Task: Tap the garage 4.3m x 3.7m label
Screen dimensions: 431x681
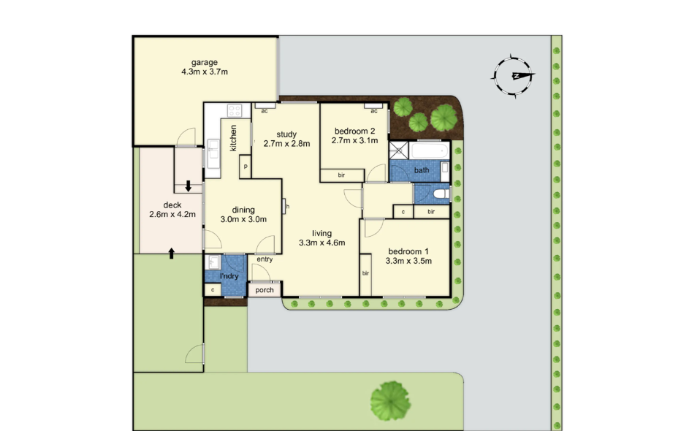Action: coord(205,67)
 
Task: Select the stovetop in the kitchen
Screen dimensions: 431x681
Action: coord(235,111)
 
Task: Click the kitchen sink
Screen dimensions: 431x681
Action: coord(213,153)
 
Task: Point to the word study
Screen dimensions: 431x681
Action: coord(286,134)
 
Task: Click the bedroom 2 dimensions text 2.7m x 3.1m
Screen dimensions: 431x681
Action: coord(355,140)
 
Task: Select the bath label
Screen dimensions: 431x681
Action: coord(422,170)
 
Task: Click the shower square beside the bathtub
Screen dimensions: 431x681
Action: coord(400,150)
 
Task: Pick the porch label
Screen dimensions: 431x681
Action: coord(265,290)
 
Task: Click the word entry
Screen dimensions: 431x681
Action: coord(265,259)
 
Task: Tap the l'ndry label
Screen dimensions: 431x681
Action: coord(231,275)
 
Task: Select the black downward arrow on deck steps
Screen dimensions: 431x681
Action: coord(189,186)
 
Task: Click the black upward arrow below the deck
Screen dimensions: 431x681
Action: coord(172,253)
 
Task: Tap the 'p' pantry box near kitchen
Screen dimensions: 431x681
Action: coord(246,167)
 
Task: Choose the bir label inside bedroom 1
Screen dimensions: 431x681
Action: coord(365,274)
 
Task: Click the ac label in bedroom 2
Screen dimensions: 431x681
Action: coord(373,111)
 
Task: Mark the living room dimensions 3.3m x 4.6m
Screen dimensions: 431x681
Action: coord(322,238)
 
